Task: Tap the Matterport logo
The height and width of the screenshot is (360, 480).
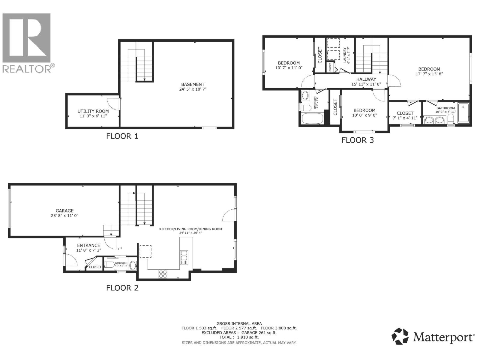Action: pyautogui.click(x=433, y=337)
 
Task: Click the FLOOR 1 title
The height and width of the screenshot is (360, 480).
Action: pyautogui.click(x=122, y=136)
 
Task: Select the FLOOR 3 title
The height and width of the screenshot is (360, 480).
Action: pyautogui.click(x=358, y=140)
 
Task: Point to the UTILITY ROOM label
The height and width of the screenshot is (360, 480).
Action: pyautogui.click(x=93, y=111)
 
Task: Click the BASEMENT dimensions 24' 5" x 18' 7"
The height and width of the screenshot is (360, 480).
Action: pyautogui.click(x=193, y=89)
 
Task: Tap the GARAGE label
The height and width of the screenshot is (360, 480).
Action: pyautogui.click(x=64, y=211)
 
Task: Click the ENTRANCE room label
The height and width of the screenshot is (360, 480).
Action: pyautogui.click(x=88, y=245)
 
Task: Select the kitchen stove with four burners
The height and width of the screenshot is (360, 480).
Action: pyautogui.click(x=163, y=274)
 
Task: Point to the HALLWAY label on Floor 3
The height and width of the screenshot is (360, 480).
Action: pyautogui.click(x=366, y=79)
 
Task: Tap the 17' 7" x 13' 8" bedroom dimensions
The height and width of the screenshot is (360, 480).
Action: pyautogui.click(x=429, y=74)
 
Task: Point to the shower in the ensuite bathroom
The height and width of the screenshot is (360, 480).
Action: pyautogui.click(x=463, y=113)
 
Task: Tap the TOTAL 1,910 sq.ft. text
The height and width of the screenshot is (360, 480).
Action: pyautogui.click(x=239, y=337)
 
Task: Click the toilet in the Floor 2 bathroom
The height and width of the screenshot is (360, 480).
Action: pyautogui.click(x=110, y=265)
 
